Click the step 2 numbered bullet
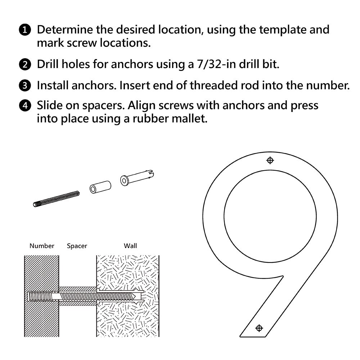pos(24,65)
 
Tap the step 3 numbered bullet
pos(24,86)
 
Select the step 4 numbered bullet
pos(24,106)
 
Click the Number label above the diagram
pos(42,246)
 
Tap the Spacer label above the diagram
pos(77,246)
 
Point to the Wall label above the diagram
pos(130,246)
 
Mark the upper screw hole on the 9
pos(270,160)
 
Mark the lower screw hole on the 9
pos(259,328)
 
